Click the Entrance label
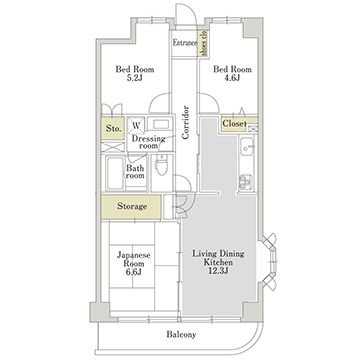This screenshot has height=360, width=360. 184,44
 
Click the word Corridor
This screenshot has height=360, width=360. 186,117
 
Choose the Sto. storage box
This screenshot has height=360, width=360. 113,129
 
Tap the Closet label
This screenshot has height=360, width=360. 234,123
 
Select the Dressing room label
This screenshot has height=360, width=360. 149,142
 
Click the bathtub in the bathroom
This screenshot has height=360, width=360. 113,173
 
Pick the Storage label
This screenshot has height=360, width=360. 131,207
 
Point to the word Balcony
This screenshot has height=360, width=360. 181,333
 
